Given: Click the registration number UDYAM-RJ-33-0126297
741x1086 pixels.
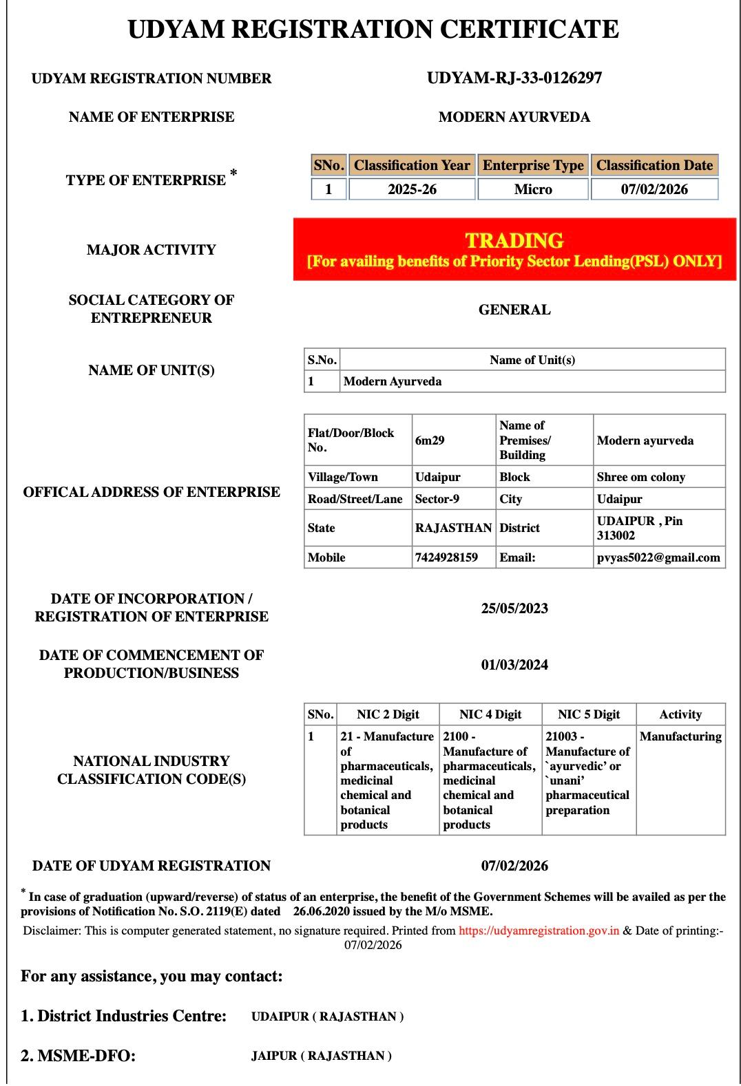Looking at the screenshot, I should point(514,78).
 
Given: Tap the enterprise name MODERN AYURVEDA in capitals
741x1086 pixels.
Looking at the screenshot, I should point(514,117).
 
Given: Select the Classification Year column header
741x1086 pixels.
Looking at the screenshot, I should point(412,165).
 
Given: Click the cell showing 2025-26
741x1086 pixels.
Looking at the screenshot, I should point(412,189).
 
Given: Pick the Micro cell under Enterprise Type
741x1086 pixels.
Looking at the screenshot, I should point(533,189).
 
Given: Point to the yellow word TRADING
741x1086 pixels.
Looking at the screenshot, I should point(514,240).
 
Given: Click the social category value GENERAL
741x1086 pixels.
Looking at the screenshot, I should point(514,310).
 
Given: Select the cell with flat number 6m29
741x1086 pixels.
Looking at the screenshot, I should point(430,440).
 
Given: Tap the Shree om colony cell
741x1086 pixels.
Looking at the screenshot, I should point(640,477).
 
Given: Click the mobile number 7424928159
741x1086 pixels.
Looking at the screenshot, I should point(446,557).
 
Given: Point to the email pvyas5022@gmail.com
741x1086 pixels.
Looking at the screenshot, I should point(658,557).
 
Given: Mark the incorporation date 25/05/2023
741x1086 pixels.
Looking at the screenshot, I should point(514,608).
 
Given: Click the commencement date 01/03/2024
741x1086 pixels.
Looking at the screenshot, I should point(514,665).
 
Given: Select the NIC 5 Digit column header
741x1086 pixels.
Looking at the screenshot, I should point(589,714).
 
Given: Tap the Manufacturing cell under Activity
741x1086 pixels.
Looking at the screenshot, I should point(680,736).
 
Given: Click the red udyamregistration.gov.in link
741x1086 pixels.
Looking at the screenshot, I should point(539,930).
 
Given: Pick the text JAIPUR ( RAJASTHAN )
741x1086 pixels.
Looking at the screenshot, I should point(322,1056).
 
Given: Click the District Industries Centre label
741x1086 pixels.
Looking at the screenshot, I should point(124,1016).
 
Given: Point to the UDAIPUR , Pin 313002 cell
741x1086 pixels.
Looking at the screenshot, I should point(640,528).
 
